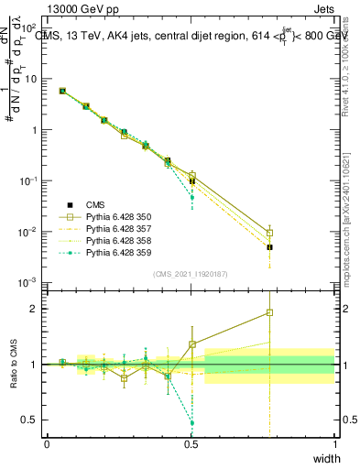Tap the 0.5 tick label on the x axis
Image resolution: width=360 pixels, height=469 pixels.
[191, 444]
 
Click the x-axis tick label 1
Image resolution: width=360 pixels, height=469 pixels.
[335, 444]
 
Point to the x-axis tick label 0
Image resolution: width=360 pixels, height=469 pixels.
[48, 444]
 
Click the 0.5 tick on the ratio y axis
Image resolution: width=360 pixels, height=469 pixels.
[33, 420]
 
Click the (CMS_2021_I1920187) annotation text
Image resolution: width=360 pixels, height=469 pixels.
[191, 274]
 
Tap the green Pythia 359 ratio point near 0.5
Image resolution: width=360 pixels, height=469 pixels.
[191, 423]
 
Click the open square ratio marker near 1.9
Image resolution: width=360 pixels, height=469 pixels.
[269, 312]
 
